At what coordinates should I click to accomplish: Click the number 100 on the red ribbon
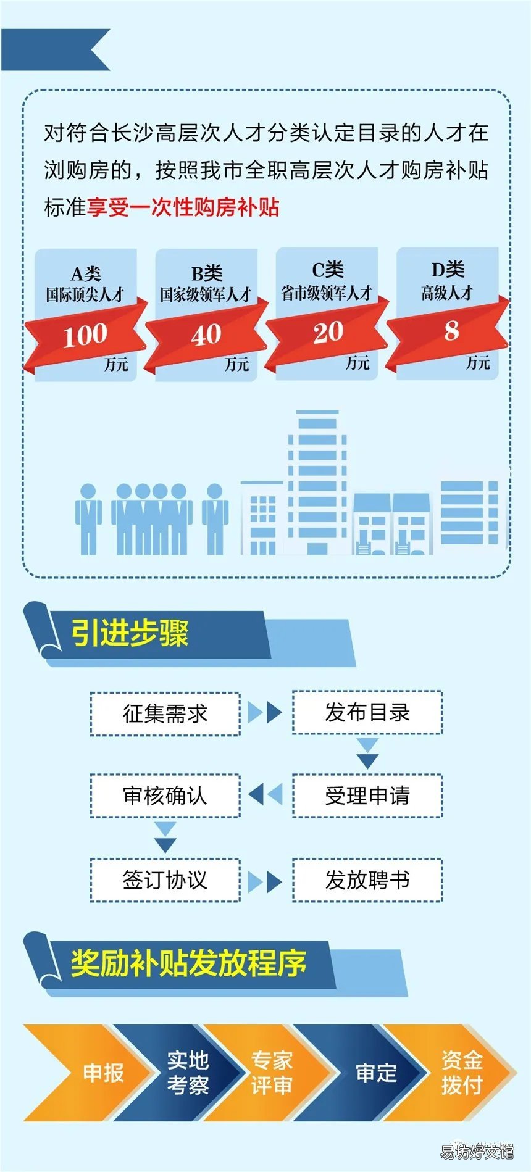[x=85, y=335]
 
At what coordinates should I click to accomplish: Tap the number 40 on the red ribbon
[x=206, y=335]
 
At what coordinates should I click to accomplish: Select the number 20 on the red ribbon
[x=328, y=333]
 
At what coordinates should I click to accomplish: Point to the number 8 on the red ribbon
[x=451, y=331]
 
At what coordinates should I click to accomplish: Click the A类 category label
[x=86, y=273]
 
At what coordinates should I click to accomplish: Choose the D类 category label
[x=448, y=269]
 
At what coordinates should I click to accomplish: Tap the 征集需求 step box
[x=165, y=714]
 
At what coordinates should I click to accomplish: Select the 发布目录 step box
[x=367, y=712]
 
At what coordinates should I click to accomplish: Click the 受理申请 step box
[x=367, y=796]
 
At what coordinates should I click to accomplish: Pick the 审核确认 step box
[x=165, y=796]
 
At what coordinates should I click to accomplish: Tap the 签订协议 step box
[x=165, y=880]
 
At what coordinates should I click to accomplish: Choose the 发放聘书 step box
[x=367, y=880]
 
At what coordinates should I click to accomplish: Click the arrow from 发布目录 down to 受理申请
[x=367, y=754]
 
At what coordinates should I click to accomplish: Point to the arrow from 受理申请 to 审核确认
[x=265, y=794]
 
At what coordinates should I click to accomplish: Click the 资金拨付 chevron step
[x=454, y=1073]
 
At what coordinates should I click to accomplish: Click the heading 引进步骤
[x=130, y=633]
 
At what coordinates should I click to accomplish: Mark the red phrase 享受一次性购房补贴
[x=183, y=207]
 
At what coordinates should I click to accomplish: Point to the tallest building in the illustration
[x=317, y=482]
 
